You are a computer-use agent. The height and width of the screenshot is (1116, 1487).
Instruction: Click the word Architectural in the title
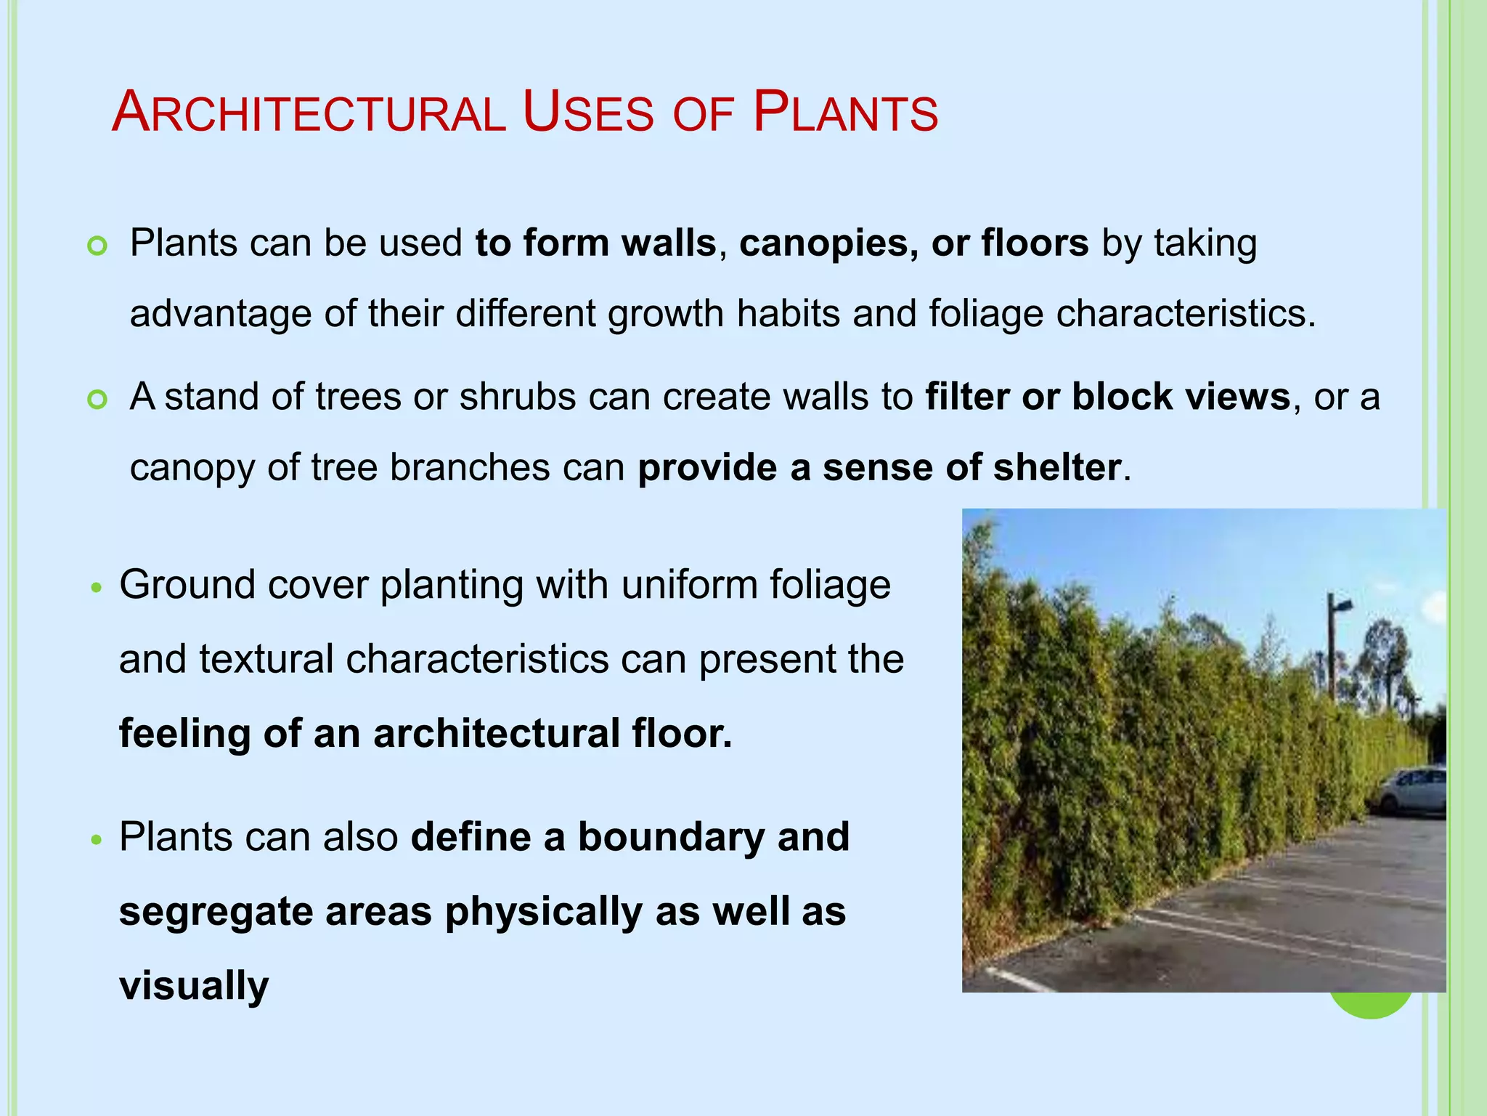click(x=309, y=113)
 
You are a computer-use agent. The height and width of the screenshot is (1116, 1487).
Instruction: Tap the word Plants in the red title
click(x=845, y=113)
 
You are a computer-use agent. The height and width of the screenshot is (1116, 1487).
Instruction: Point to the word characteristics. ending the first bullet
click(x=1185, y=314)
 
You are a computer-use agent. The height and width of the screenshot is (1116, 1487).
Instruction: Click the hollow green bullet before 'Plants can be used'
click(x=97, y=246)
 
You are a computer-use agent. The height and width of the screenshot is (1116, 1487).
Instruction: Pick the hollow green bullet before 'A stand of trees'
click(x=97, y=400)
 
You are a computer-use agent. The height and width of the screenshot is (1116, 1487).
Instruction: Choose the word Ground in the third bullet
click(x=187, y=584)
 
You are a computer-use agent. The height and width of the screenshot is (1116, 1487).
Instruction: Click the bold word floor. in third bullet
click(x=682, y=733)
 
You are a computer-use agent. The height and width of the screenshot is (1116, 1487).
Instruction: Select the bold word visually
click(x=194, y=985)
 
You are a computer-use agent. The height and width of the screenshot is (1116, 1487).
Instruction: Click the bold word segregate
click(x=216, y=911)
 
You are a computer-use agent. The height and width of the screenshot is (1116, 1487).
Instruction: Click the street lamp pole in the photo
click(x=1332, y=647)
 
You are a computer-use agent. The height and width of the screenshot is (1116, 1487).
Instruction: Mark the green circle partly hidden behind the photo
click(x=1370, y=1006)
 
